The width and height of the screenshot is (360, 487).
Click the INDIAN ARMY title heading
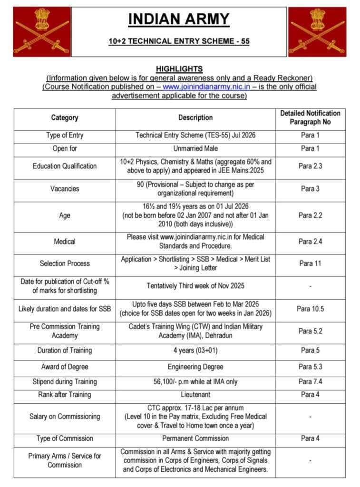pyautogui.click(x=179, y=19)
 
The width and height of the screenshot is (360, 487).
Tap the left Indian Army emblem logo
pyautogui.click(x=41, y=31)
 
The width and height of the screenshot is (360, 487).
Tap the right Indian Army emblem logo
pyautogui.click(x=317, y=31)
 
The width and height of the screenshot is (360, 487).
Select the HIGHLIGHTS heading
pyautogui.click(x=179, y=69)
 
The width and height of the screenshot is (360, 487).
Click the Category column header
pyautogui.click(x=65, y=117)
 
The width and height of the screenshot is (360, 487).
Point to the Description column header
pyautogui.click(x=195, y=117)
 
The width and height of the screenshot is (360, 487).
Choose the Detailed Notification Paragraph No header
pyautogui.click(x=310, y=117)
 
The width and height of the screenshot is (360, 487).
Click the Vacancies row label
pyautogui.click(x=65, y=189)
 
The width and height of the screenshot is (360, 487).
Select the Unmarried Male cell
pyautogui.click(x=195, y=148)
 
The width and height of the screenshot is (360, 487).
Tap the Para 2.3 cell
pyautogui.click(x=310, y=166)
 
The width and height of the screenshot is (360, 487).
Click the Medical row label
pyautogui.click(x=65, y=242)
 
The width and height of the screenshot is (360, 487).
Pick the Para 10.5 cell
pyautogui.click(x=310, y=309)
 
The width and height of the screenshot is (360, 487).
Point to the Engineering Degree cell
pyautogui.click(x=195, y=367)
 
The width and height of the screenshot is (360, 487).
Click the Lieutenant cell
pyautogui.click(x=195, y=395)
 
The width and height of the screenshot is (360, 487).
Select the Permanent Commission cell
pyautogui.click(x=195, y=438)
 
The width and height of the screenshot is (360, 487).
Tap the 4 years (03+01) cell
pyautogui.click(x=195, y=351)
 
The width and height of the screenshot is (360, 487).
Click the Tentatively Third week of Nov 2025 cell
pyautogui.click(x=195, y=286)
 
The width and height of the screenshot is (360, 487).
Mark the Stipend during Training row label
pyautogui.click(x=65, y=381)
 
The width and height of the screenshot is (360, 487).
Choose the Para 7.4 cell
pyautogui.click(x=310, y=381)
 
